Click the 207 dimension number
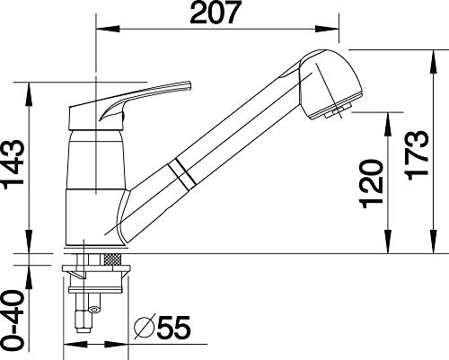(x=216, y=13)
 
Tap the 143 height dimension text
(x=13, y=164)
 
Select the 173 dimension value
(x=417, y=155)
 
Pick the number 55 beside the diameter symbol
(x=173, y=327)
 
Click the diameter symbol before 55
(x=145, y=327)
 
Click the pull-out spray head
(x=331, y=84)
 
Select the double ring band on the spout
(x=182, y=174)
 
